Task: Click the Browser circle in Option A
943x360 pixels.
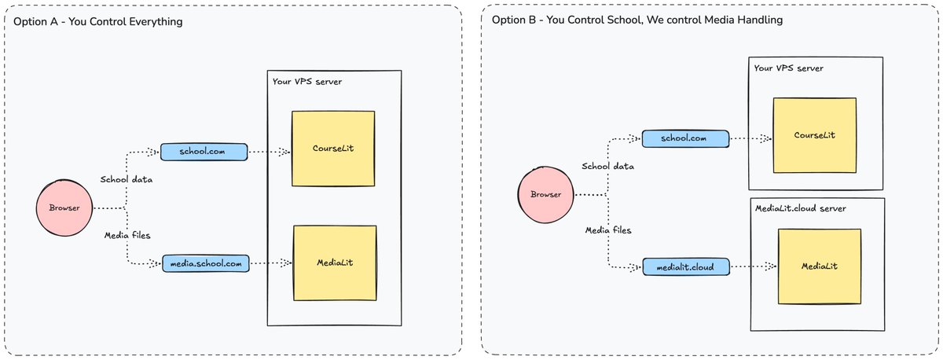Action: tap(64, 208)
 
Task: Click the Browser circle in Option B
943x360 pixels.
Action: tap(545, 195)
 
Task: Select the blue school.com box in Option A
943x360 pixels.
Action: tap(204, 152)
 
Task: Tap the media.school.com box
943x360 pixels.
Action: tap(205, 263)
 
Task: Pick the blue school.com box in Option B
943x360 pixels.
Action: tap(684, 138)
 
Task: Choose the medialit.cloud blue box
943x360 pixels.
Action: tap(684, 266)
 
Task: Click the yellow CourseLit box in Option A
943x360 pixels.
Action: tap(333, 149)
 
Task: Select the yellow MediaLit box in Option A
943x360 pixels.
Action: tap(334, 263)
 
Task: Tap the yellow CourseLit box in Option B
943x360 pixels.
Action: tap(813, 135)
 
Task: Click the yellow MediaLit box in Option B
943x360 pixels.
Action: tap(819, 266)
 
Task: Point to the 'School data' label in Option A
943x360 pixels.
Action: tap(127, 179)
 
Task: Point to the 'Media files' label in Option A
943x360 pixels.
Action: tap(127, 235)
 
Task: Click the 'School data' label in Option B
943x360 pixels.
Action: tap(607, 166)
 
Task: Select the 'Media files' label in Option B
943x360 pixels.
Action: tap(608, 230)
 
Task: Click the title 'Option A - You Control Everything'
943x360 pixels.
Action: tap(98, 22)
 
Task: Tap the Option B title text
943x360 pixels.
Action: tap(637, 20)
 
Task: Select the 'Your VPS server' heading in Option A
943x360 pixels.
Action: tap(307, 82)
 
